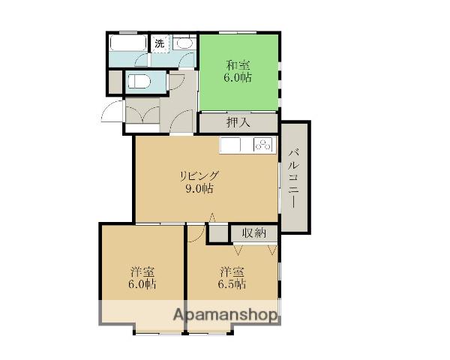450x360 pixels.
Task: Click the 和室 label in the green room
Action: (x=238, y=65)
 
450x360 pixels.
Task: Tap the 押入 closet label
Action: (x=238, y=122)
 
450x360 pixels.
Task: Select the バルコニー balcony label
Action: (x=294, y=178)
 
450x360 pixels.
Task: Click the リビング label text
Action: (x=199, y=175)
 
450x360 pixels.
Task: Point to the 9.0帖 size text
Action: (x=199, y=188)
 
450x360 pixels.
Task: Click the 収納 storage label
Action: (x=254, y=232)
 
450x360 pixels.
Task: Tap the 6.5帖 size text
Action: (x=232, y=284)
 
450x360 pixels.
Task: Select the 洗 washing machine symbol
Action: (x=160, y=43)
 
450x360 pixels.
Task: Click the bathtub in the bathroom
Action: (x=128, y=43)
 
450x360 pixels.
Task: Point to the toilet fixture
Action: (x=139, y=82)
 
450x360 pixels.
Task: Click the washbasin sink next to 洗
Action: (x=184, y=43)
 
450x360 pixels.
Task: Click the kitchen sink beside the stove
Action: (x=230, y=145)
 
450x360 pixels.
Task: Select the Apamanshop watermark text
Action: (x=226, y=315)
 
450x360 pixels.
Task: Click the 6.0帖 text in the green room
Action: (x=238, y=77)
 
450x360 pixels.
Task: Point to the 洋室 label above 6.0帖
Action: (x=142, y=271)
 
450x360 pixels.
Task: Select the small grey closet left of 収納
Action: (x=218, y=233)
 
